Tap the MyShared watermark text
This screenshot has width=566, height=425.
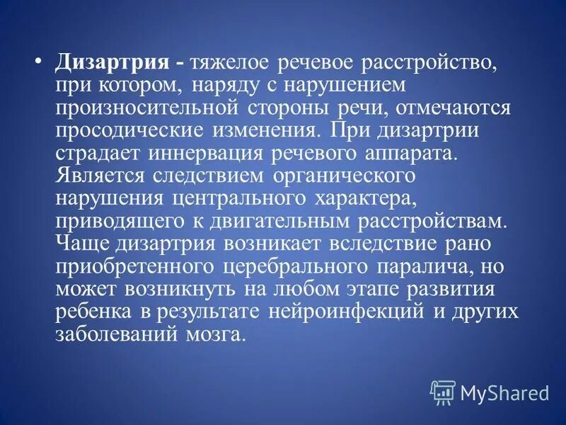pyautogui.click(x=504, y=392)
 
